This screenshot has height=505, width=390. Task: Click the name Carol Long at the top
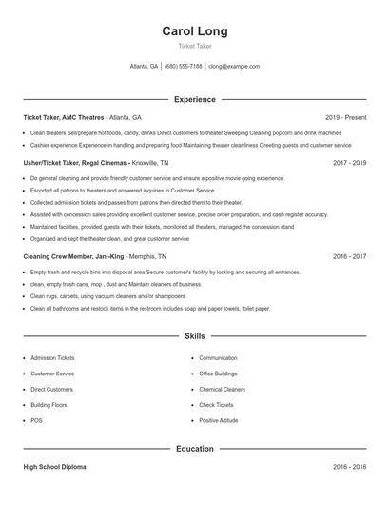(195, 31)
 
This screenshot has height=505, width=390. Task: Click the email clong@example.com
(234, 67)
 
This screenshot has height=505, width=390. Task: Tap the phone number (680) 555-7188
(184, 67)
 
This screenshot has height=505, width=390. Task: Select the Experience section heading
(195, 99)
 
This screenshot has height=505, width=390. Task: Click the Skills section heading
(195, 336)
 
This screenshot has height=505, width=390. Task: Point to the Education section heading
(195, 448)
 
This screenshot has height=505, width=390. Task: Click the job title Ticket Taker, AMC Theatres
(65, 117)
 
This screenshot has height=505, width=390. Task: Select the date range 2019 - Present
(345, 117)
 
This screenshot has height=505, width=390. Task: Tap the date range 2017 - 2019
(350, 163)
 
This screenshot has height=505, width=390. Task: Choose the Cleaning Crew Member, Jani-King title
(78, 256)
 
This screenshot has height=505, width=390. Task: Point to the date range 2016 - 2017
(350, 256)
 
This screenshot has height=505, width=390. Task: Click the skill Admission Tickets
(52, 358)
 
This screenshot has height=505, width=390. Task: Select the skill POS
(36, 420)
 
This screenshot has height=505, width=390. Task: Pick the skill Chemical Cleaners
(222, 389)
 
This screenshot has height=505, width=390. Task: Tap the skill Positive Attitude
(219, 420)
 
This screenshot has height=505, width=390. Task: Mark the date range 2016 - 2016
(350, 467)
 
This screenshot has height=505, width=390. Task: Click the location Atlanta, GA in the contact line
(144, 67)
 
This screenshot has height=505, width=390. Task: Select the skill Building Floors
(49, 405)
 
